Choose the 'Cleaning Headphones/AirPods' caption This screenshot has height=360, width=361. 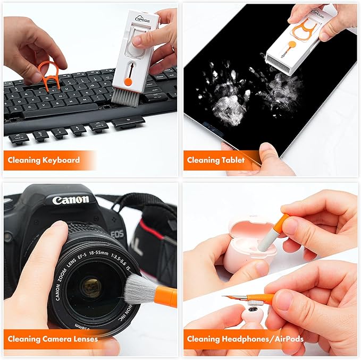(x=244, y=339)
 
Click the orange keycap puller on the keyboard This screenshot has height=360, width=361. (x=48, y=75)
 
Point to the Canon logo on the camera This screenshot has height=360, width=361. (x=71, y=200)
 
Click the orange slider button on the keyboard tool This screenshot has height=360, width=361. (x=128, y=81)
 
